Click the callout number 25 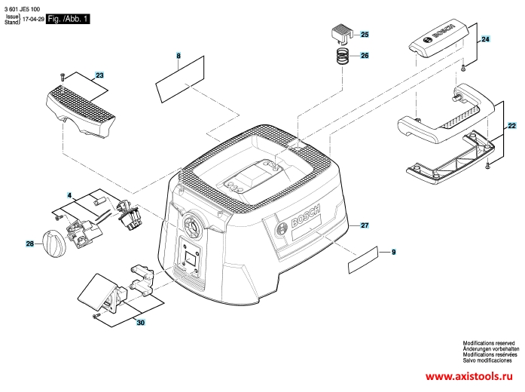tap(365, 35)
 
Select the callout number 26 tap(365, 56)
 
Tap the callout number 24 tap(485, 39)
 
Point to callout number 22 tap(512, 126)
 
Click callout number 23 tap(99, 75)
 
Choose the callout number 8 tap(179, 56)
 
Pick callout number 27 tap(365, 225)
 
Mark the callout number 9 tap(394, 252)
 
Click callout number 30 tap(141, 323)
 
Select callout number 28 tap(30, 244)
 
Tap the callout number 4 tap(69, 195)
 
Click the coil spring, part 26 tap(342, 56)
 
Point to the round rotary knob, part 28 tap(54, 243)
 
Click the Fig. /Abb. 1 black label tap(68, 19)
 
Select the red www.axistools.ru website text tap(469, 377)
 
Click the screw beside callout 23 tap(62, 77)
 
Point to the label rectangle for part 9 tap(363, 260)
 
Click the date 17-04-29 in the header tap(33, 19)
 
